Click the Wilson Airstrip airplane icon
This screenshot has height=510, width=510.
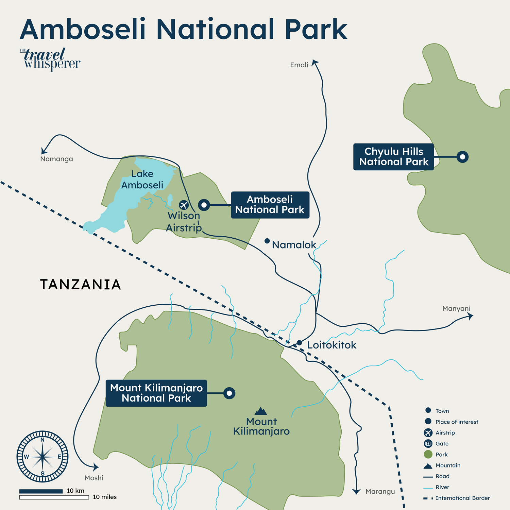point(184,205)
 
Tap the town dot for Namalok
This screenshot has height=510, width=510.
point(267,241)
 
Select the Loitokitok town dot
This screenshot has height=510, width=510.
point(299,342)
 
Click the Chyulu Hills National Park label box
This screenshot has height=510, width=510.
point(393,157)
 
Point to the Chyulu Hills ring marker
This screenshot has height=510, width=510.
point(462,157)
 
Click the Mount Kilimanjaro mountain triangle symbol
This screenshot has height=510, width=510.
point(261,411)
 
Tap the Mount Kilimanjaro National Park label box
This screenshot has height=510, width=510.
point(156,393)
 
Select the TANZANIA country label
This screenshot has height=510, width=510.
point(81,285)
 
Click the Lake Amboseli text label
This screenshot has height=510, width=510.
point(142,179)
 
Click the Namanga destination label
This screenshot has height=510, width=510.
point(56,159)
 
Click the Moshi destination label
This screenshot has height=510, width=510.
point(94,478)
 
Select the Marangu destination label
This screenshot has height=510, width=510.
point(380,491)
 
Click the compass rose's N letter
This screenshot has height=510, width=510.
point(42,440)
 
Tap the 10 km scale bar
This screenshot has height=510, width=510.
point(41,491)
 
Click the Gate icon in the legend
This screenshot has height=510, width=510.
point(428,443)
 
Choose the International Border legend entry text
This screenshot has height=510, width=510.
point(462,498)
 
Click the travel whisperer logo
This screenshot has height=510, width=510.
point(50,60)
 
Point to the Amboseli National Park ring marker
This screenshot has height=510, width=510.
point(204,205)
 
